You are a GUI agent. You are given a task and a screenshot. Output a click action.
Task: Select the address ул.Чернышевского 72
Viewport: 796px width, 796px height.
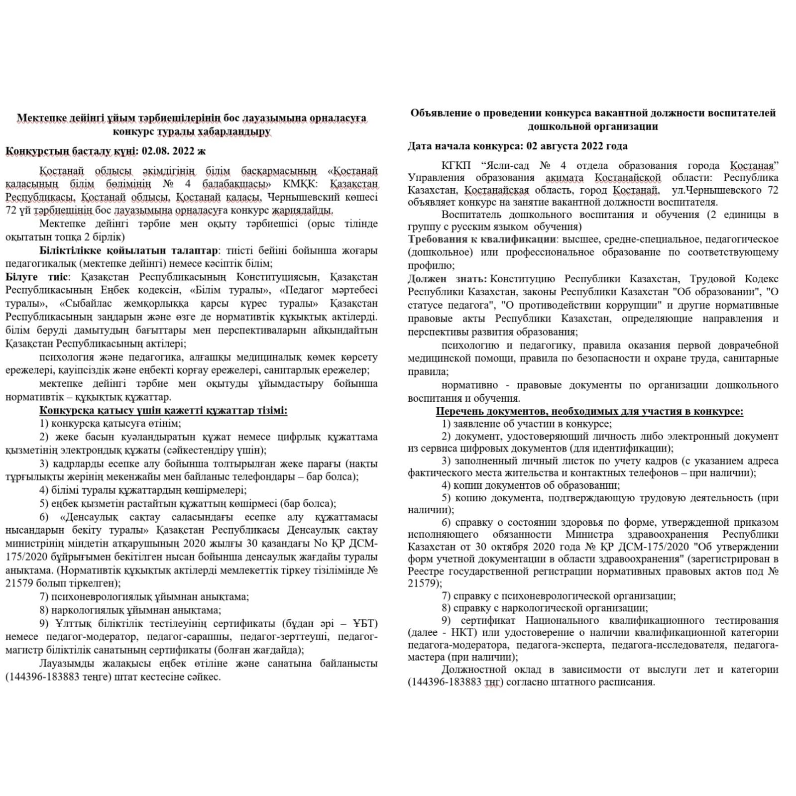point(724,190)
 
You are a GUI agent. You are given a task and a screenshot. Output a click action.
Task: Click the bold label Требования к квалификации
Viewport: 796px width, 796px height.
point(481,239)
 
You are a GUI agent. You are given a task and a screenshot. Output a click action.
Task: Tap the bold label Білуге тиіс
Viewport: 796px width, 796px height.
point(37,277)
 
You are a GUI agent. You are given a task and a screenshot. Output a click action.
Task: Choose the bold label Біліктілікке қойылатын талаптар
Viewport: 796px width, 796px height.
point(128,250)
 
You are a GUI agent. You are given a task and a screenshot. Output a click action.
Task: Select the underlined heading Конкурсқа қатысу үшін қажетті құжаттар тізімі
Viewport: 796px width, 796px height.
point(163,411)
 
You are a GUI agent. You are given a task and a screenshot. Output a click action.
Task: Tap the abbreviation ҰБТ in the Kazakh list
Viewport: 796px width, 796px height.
point(364,624)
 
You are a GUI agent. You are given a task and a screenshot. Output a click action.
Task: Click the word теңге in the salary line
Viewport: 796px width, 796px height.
point(98,677)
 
